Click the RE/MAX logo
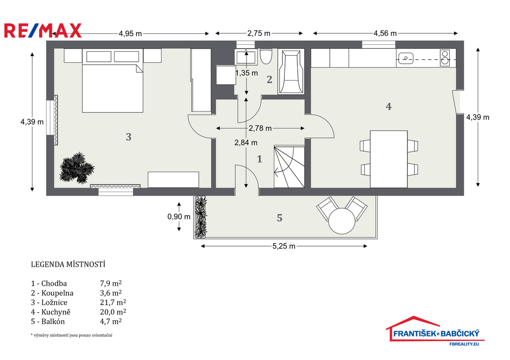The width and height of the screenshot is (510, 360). click(x=43, y=30)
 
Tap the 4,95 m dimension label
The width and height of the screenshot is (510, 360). click(x=130, y=33)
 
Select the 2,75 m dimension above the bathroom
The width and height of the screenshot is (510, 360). click(x=259, y=33)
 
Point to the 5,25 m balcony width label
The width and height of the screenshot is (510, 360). click(x=284, y=246)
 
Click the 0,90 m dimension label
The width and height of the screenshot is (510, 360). click(x=179, y=217)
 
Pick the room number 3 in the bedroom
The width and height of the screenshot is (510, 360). click(x=128, y=137)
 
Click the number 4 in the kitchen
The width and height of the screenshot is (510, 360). click(x=388, y=107)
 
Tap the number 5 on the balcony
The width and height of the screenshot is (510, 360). click(x=280, y=218)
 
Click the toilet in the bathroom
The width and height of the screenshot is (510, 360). click(x=266, y=57)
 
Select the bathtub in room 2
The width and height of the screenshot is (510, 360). click(x=291, y=72)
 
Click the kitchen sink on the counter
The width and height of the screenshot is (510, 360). click(x=405, y=58)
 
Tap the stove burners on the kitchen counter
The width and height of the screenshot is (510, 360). click(x=445, y=58)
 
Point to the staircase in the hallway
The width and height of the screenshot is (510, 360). click(x=289, y=166)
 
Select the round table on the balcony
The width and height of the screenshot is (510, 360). click(x=342, y=221)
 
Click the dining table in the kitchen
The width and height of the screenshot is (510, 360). click(x=388, y=159)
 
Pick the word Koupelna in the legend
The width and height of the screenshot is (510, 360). click(x=57, y=293)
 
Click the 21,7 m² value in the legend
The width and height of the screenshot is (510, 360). click(x=113, y=302)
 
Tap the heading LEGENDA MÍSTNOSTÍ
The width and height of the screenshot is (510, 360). click(x=68, y=264)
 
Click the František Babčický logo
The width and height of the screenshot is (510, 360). click(x=435, y=331)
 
